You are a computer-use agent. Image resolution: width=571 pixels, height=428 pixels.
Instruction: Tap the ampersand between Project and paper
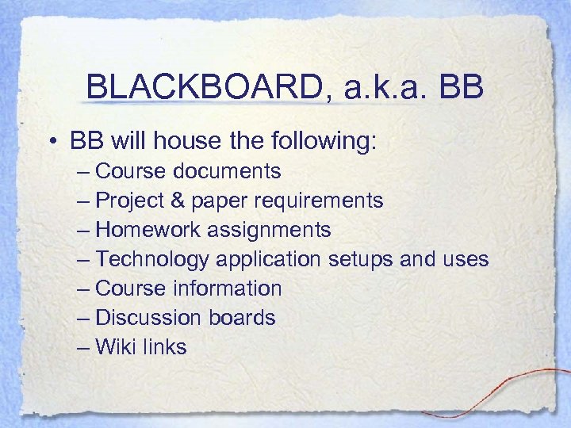point(180,200)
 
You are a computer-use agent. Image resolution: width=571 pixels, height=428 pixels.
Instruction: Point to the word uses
point(466,259)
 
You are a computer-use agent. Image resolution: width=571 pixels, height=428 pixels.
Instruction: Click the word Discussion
point(148,318)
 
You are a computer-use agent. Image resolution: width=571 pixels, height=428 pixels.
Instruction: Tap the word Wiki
point(113,346)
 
